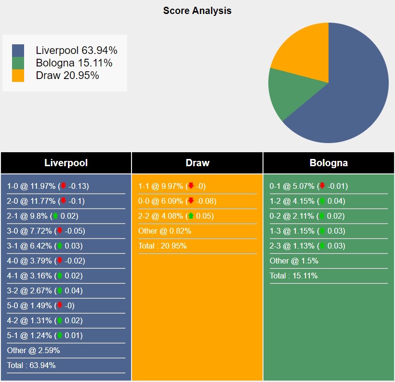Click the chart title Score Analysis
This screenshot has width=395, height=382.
pyautogui.click(x=197, y=11)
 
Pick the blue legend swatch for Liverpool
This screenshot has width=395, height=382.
pyautogui.click(x=18, y=50)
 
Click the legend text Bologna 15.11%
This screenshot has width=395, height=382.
pyautogui.click(x=74, y=63)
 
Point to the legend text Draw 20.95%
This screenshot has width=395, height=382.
pyautogui.click(x=67, y=75)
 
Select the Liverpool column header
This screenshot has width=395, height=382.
pyautogui.click(x=66, y=163)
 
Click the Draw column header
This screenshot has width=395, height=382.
pyautogui.click(x=197, y=163)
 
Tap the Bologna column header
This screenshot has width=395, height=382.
pyautogui.click(x=329, y=163)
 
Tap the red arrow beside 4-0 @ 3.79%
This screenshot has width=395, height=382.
pyautogui.click(x=60, y=261)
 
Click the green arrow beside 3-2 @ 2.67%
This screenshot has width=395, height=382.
pyautogui.click(x=60, y=290)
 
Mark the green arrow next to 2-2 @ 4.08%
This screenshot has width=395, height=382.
pyautogui.click(x=191, y=216)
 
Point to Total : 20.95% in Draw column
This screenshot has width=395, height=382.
pyautogui.click(x=162, y=246)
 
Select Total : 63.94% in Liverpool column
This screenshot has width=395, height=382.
pyautogui.click(x=31, y=365)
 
